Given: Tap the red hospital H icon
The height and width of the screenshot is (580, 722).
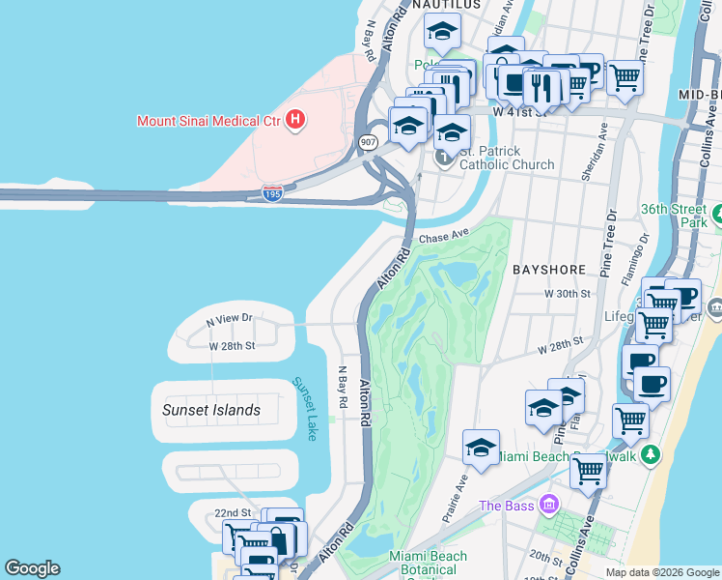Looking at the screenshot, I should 296,121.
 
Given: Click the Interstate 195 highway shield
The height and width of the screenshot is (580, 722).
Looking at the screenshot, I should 272,194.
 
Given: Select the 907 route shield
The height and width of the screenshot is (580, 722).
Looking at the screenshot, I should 368,142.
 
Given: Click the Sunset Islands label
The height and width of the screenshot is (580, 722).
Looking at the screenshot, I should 210,410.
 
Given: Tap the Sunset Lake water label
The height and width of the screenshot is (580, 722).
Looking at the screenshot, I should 304,409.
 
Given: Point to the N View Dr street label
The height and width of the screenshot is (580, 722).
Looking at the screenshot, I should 229,318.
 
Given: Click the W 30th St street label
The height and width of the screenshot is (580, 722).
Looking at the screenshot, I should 567,292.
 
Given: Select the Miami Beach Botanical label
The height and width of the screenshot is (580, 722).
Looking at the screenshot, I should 428,563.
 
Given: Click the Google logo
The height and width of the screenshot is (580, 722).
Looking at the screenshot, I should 32,568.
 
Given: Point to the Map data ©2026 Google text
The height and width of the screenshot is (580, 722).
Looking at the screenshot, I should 662,572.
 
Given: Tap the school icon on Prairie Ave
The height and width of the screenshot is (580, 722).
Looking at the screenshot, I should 481,448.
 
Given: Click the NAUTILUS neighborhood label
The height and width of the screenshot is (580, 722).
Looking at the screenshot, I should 446,5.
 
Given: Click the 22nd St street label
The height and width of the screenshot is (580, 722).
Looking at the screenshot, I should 233,512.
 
